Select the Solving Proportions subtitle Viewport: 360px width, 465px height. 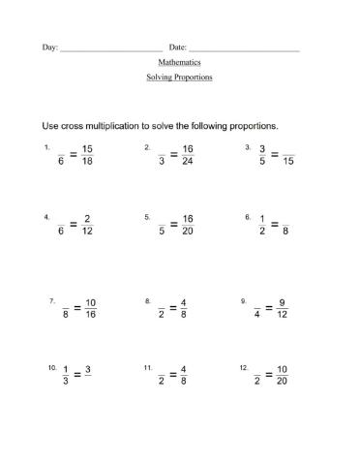179,77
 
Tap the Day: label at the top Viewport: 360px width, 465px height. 49,46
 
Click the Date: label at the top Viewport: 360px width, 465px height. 177,46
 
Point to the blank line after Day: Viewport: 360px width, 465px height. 111,48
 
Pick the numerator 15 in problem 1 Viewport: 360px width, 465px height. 87,148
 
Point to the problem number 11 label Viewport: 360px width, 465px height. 148,368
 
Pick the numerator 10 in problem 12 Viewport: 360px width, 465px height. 283,370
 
